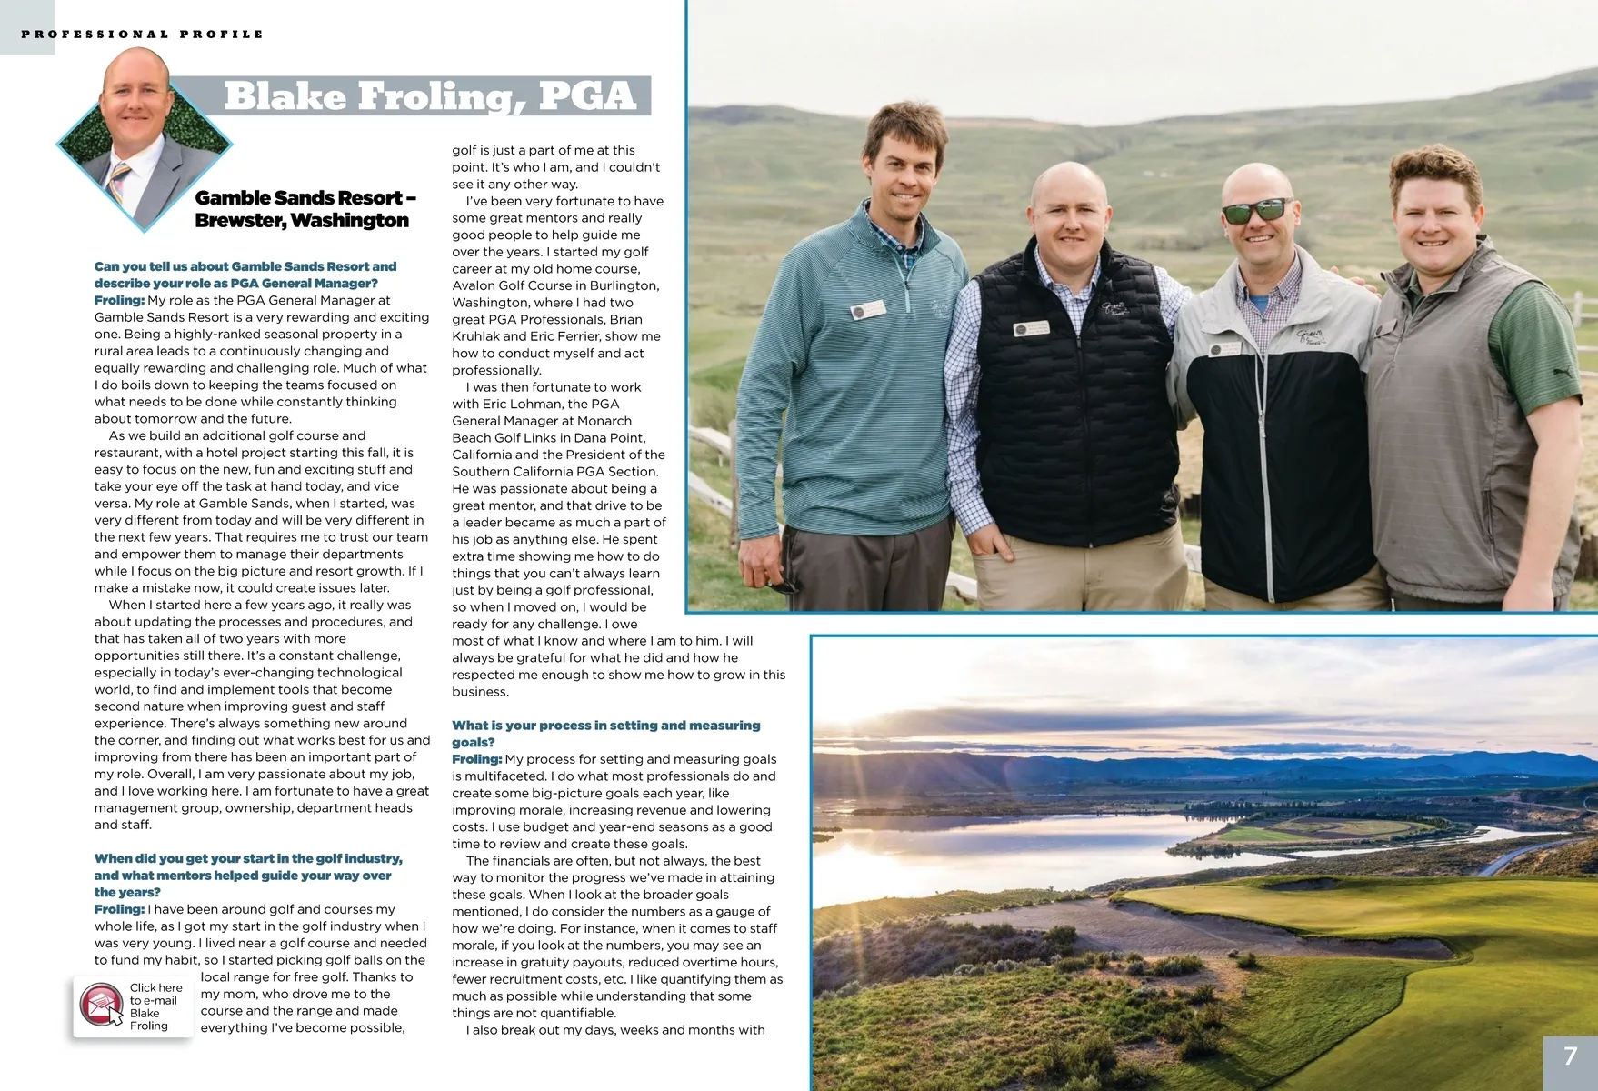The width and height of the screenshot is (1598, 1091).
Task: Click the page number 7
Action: [x=1570, y=1056]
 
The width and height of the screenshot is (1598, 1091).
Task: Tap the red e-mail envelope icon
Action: [x=100, y=1006]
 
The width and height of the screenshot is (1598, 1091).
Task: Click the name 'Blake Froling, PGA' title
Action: [x=429, y=96]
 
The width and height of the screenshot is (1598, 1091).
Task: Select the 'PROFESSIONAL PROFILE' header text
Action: [x=143, y=35]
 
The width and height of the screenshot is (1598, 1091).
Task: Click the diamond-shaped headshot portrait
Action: [x=143, y=136]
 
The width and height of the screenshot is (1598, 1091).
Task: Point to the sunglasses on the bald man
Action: [x=1257, y=212]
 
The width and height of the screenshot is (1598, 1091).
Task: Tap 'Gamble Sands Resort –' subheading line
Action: [x=305, y=198]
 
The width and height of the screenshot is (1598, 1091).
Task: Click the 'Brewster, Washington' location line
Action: [x=302, y=221]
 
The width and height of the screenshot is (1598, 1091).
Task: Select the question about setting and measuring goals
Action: [x=605, y=734]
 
